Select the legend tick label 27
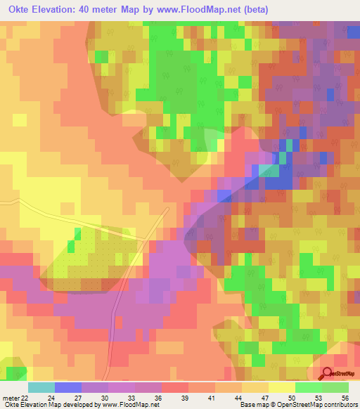point(77,398)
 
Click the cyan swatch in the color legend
point(41,387)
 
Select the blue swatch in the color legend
point(67,387)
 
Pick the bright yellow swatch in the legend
point(281,387)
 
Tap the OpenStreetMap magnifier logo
point(328,374)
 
